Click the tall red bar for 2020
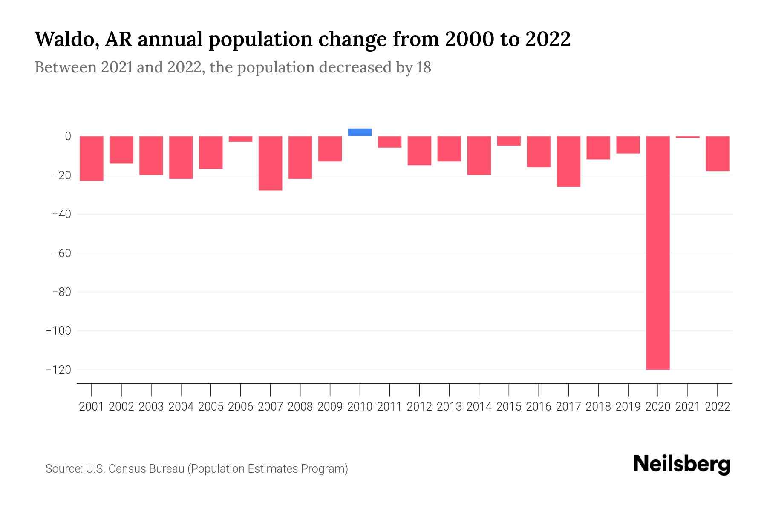(x=657, y=253)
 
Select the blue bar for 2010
(x=360, y=132)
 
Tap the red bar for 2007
(x=270, y=163)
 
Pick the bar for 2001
(x=92, y=158)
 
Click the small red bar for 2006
(x=240, y=139)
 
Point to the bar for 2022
(x=718, y=153)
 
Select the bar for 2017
(x=568, y=161)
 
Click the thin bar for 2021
(x=687, y=137)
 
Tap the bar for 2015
(x=509, y=141)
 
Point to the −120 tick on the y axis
(x=58, y=370)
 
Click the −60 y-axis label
(x=61, y=253)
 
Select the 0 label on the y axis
(x=68, y=136)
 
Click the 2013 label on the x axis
(x=449, y=407)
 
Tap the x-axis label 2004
(x=181, y=407)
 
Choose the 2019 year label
(x=628, y=407)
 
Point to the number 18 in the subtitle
(x=424, y=67)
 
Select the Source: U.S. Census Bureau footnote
(x=196, y=469)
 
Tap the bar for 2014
(x=479, y=155)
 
